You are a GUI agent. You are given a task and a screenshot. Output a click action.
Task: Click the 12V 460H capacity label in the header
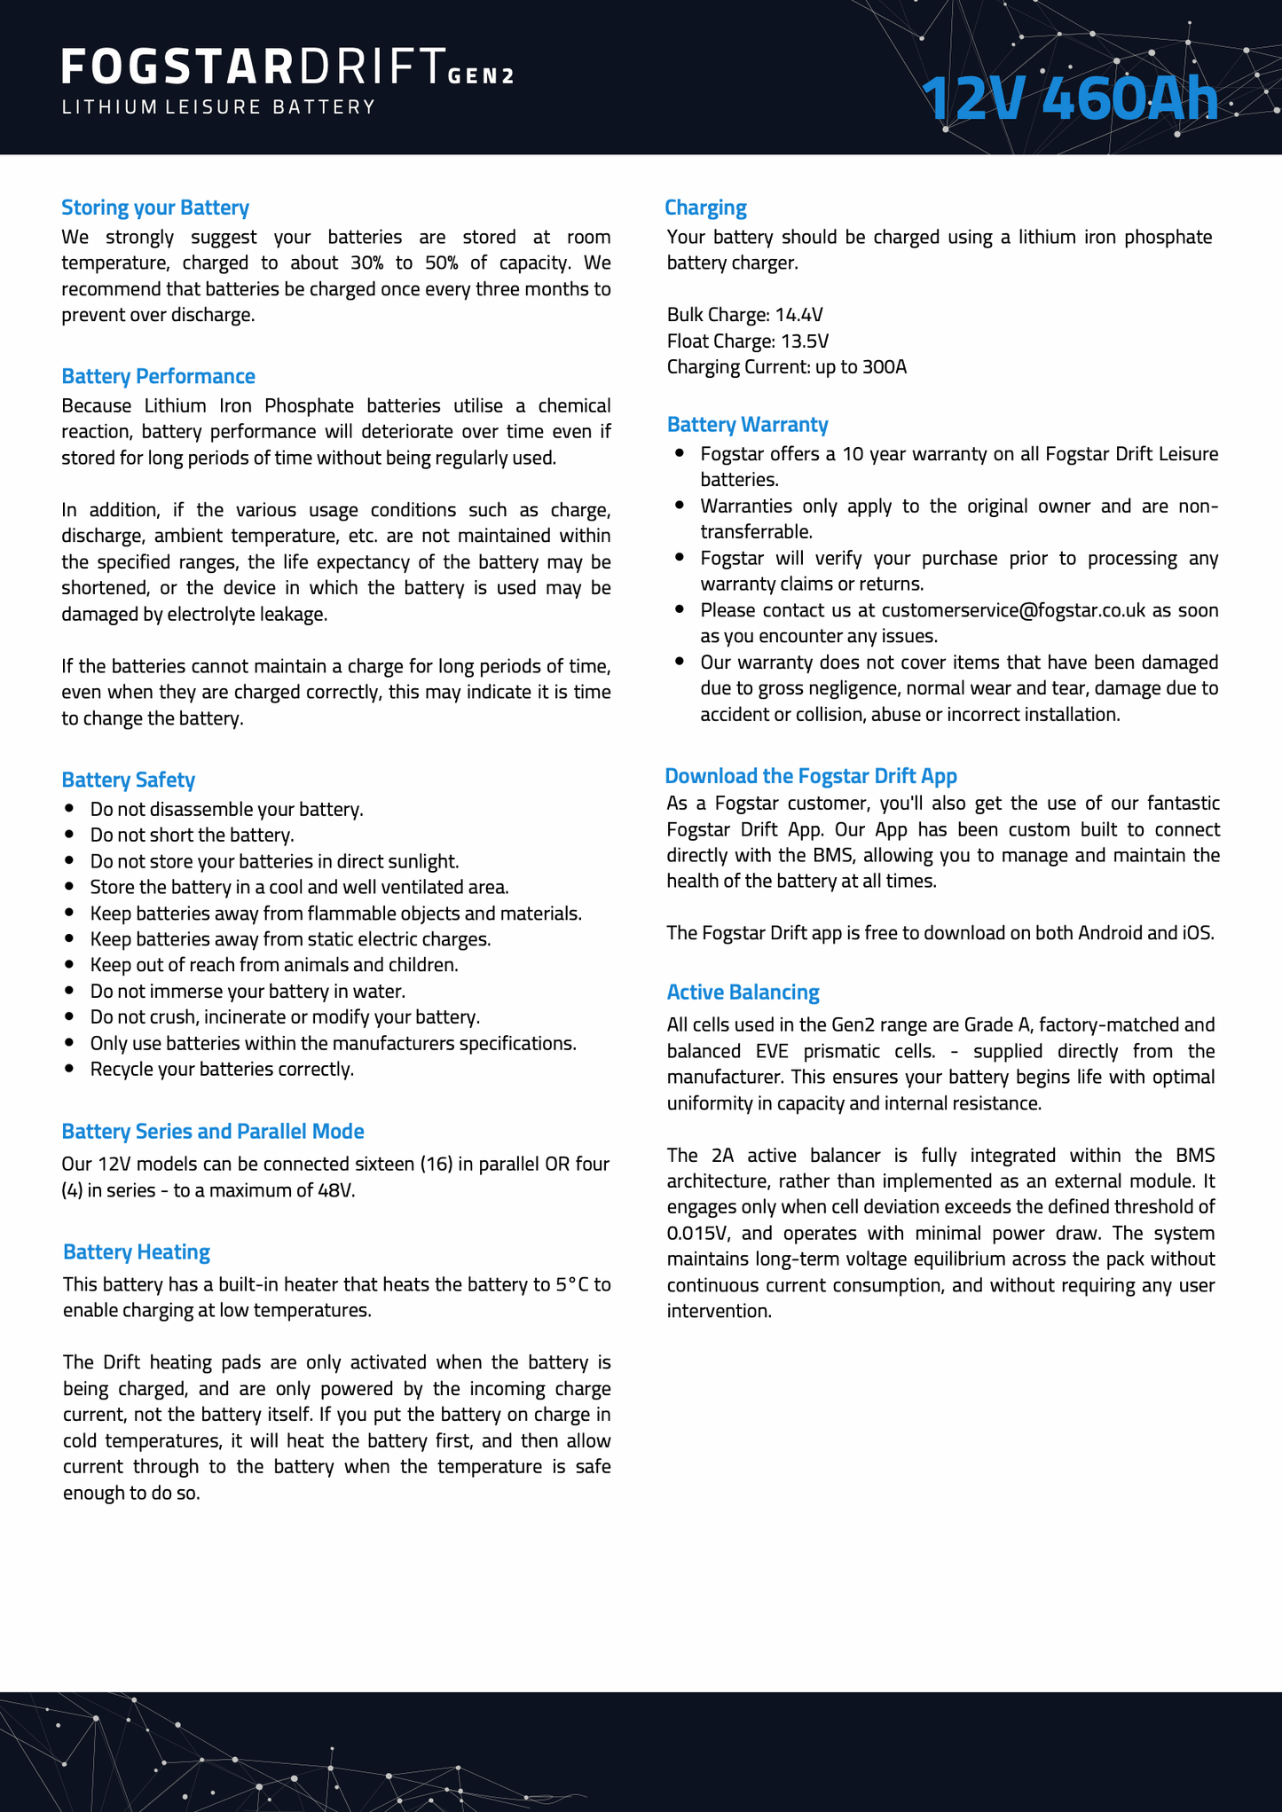coord(1070,98)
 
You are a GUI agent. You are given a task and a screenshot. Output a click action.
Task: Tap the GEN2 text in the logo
coord(481,76)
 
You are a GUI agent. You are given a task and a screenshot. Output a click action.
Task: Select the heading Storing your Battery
coord(155,208)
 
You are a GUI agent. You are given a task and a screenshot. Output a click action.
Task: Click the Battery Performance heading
coord(158,376)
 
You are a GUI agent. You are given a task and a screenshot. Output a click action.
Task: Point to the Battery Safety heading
coord(128,780)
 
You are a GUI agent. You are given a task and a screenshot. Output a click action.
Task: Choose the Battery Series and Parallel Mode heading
coord(213,1131)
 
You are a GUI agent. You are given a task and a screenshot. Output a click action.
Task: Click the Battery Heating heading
coord(137,1251)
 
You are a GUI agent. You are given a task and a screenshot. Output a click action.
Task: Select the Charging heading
coord(705,208)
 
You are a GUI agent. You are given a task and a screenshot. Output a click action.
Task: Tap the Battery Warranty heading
coord(747,424)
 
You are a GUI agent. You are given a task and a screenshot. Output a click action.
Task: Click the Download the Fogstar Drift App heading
coord(811,776)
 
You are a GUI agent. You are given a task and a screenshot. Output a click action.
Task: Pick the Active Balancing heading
coord(743,992)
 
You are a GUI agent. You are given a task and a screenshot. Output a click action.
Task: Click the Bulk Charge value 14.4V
coord(798,315)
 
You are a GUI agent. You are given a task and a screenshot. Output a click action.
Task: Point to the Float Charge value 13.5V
coord(804,341)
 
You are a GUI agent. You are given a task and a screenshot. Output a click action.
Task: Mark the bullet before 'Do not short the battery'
coord(70,835)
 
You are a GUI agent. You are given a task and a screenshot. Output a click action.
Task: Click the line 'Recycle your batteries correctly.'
coord(222,1069)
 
